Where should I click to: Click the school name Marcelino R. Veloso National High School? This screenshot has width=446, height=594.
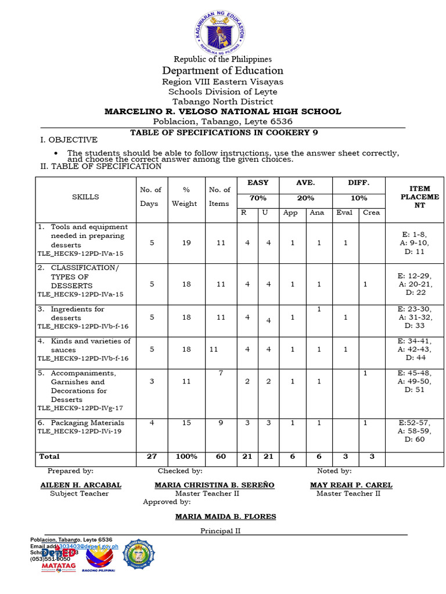(x=222, y=111)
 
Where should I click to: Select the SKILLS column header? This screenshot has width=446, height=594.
(x=85, y=197)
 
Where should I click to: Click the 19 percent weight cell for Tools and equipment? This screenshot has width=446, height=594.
(x=186, y=243)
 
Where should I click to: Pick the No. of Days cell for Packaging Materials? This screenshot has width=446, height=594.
(x=152, y=423)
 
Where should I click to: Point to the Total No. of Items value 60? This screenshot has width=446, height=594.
(x=221, y=457)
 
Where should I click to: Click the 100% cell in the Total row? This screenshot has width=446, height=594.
(x=186, y=457)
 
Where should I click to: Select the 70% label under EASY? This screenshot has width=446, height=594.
(x=258, y=198)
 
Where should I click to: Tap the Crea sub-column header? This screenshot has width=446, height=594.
(x=372, y=212)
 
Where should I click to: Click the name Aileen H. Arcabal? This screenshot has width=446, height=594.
(x=81, y=485)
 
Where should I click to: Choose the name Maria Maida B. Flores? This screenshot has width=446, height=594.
(x=226, y=516)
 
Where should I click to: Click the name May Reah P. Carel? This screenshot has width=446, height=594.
(x=351, y=485)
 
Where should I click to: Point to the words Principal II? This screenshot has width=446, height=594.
(x=221, y=531)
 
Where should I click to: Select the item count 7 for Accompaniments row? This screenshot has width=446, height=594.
(x=221, y=373)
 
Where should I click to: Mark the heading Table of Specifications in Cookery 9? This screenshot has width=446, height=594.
(x=224, y=132)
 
